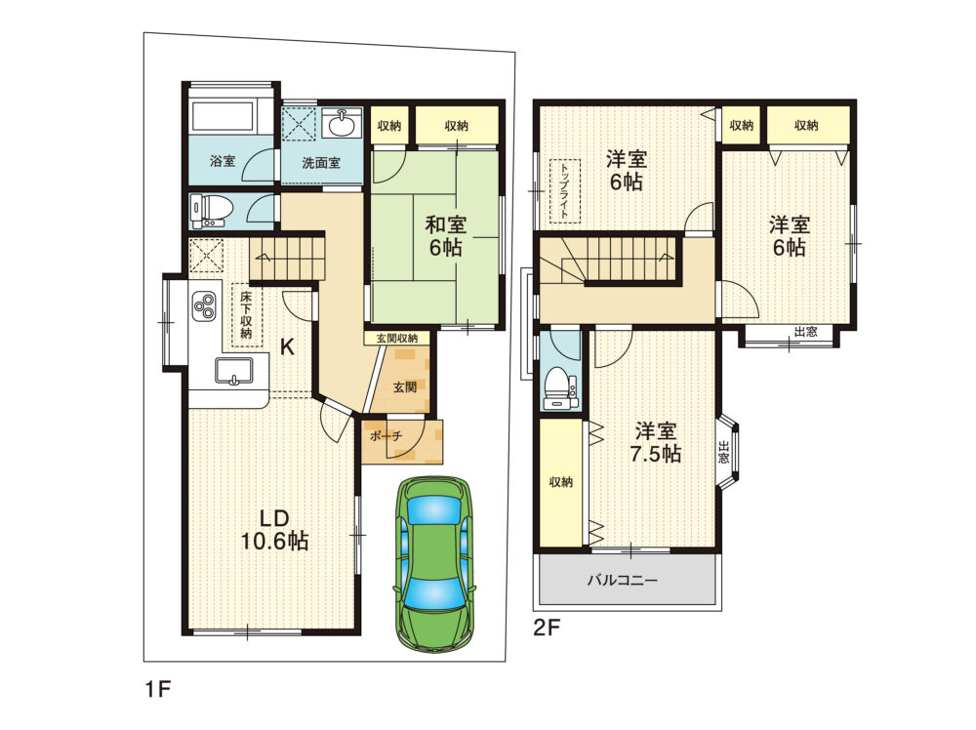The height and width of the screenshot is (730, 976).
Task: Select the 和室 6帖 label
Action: pyautogui.click(x=445, y=235)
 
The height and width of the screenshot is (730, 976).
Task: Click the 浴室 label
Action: pyautogui.click(x=223, y=161)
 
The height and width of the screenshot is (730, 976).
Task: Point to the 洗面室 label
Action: pyautogui.click(x=320, y=162)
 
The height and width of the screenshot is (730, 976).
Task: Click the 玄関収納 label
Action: pyautogui.click(x=397, y=338)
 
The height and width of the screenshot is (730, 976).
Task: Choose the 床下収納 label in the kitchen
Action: pyautogui.click(x=246, y=313)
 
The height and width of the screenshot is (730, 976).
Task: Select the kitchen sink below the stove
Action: pyautogui.click(x=232, y=372)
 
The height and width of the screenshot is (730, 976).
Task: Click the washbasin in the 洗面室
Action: pyautogui.click(x=343, y=124)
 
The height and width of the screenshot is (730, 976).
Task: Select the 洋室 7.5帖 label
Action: pyautogui.click(x=656, y=441)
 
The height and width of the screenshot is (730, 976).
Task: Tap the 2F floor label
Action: pyautogui.click(x=547, y=628)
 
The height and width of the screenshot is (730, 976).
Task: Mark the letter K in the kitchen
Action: pyautogui.click(x=287, y=345)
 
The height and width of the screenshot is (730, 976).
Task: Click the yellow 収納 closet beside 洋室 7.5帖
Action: pyautogui.click(x=560, y=482)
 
